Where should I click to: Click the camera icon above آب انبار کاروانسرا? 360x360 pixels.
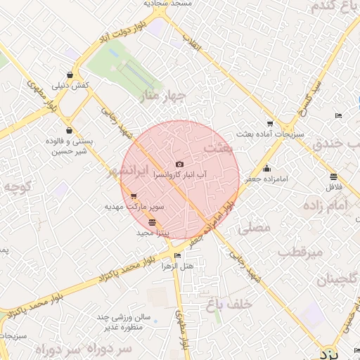click(x=179, y=164)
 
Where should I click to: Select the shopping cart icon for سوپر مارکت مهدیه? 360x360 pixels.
click(x=134, y=196)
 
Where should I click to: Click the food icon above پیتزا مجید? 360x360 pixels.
click(x=153, y=222)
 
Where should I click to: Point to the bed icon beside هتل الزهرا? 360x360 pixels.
click(x=178, y=256)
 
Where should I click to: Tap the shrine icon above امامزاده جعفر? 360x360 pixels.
click(x=266, y=168)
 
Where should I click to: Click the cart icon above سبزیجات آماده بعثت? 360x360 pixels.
click(x=271, y=123)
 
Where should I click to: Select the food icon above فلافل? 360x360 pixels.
click(x=333, y=176)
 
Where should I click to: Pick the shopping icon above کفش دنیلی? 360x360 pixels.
click(x=70, y=75)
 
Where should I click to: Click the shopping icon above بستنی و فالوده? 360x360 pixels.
click(x=68, y=130)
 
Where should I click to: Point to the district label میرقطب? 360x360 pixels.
click(x=300, y=251)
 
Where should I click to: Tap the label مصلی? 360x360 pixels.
click(x=254, y=228)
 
